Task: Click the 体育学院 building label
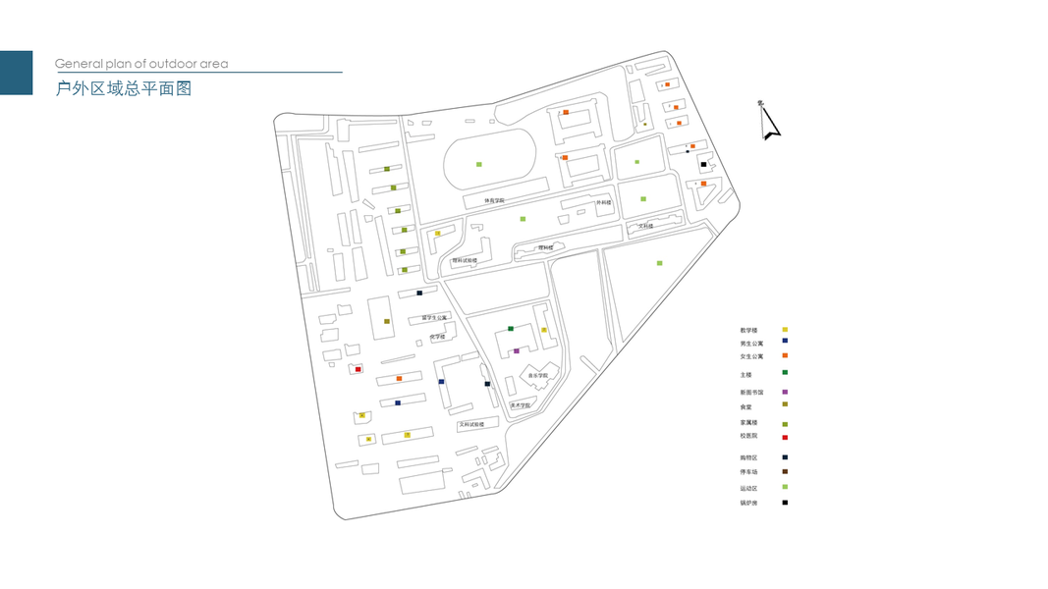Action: point(494,200)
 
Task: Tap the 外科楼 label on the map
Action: point(604,202)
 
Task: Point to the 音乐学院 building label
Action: point(537,375)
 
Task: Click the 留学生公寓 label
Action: point(434,317)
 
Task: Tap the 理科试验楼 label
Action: point(465,260)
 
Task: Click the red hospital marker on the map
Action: point(359,369)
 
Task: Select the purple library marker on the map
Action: point(517,350)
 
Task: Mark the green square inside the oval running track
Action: point(479,164)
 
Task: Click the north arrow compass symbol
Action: point(768,121)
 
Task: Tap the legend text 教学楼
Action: point(749,330)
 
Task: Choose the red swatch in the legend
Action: point(785,437)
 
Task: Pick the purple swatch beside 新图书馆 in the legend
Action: point(785,393)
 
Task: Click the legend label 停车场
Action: point(749,471)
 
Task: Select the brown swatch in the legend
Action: point(785,472)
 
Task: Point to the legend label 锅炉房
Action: point(749,503)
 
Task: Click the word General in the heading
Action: point(75,64)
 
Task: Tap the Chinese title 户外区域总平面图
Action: point(123,89)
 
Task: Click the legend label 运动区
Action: point(749,488)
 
